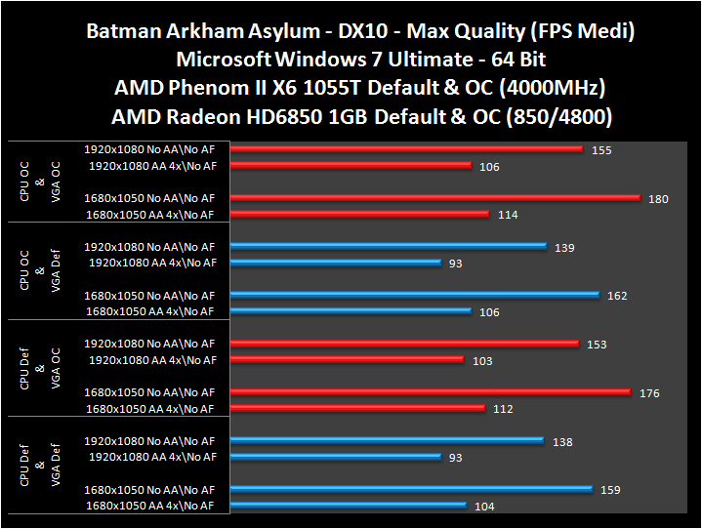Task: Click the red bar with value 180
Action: point(435,198)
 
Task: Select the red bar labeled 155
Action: point(407,149)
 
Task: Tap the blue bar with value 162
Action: point(415,295)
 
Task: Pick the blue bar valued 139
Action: point(389,246)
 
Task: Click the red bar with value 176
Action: point(431,392)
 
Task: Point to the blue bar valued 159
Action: point(411,489)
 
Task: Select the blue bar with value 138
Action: point(387,441)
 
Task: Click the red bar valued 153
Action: point(405,344)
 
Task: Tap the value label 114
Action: point(508,215)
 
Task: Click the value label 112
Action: point(503,409)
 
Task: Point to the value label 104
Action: point(484,507)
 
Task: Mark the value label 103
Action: point(482,360)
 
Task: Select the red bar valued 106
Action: point(351,166)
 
